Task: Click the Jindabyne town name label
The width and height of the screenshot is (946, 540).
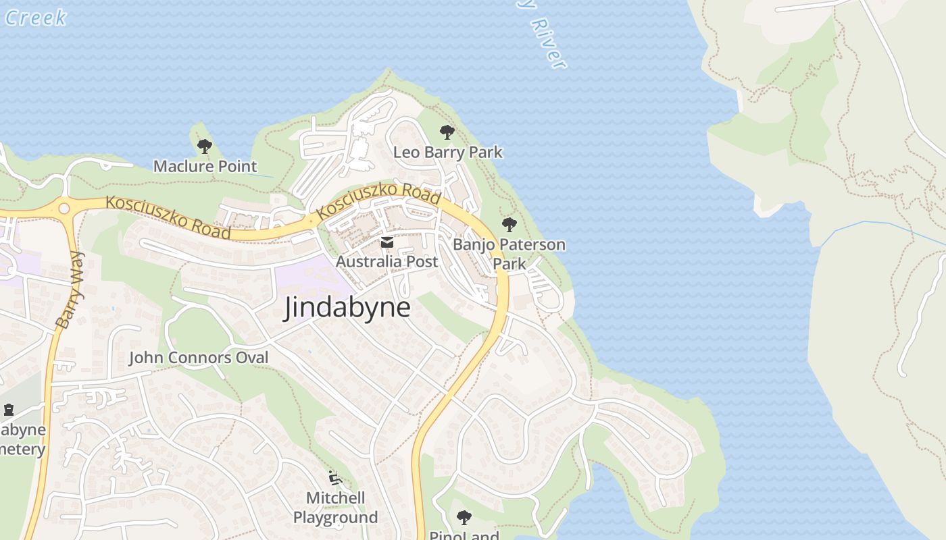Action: click(x=347, y=308)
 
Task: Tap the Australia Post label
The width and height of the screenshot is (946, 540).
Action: click(x=387, y=261)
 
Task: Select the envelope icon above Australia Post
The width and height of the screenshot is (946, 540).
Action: click(x=387, y=242)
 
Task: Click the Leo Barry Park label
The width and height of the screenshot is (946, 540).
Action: click(x=447, y=153)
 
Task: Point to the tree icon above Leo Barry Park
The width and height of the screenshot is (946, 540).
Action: click(x=446, y=132)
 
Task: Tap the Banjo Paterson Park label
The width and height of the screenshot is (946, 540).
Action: click(x=509, y=253)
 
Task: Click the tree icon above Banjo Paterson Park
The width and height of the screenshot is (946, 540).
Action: click(x=509, y=225)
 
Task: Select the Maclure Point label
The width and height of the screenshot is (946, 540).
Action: click(x=205, y=166)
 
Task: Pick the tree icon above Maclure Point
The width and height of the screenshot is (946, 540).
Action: click(x=204, y=146)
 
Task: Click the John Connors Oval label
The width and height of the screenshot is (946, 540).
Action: click(x=199, y=358)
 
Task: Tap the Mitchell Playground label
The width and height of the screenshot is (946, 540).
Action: click(x=335, y=508)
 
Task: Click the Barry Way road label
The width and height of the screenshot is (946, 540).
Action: click(x=70, y=290)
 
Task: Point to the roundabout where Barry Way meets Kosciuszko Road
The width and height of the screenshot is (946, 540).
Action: click(x=64, y=209)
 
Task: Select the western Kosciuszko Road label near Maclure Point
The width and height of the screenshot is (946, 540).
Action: click(x=168, y=216)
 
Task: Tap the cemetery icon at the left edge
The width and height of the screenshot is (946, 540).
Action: click(x=8, y=409)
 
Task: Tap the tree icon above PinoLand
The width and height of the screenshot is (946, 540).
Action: click(x=464, y=518)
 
